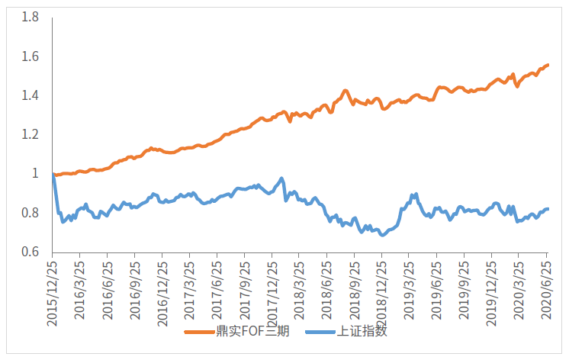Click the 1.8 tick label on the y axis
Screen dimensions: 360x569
(30, 17)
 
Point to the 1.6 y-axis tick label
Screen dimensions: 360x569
(30, 56)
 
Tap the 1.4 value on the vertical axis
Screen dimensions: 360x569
(30, 95)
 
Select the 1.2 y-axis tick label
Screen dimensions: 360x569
(30, 135)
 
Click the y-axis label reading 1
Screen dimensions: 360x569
(34, 174)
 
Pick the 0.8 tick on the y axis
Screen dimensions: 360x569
(30, 213)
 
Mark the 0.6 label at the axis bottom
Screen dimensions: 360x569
(30, 252)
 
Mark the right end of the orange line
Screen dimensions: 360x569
(548, 65)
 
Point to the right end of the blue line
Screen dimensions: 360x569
(548, 209)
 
